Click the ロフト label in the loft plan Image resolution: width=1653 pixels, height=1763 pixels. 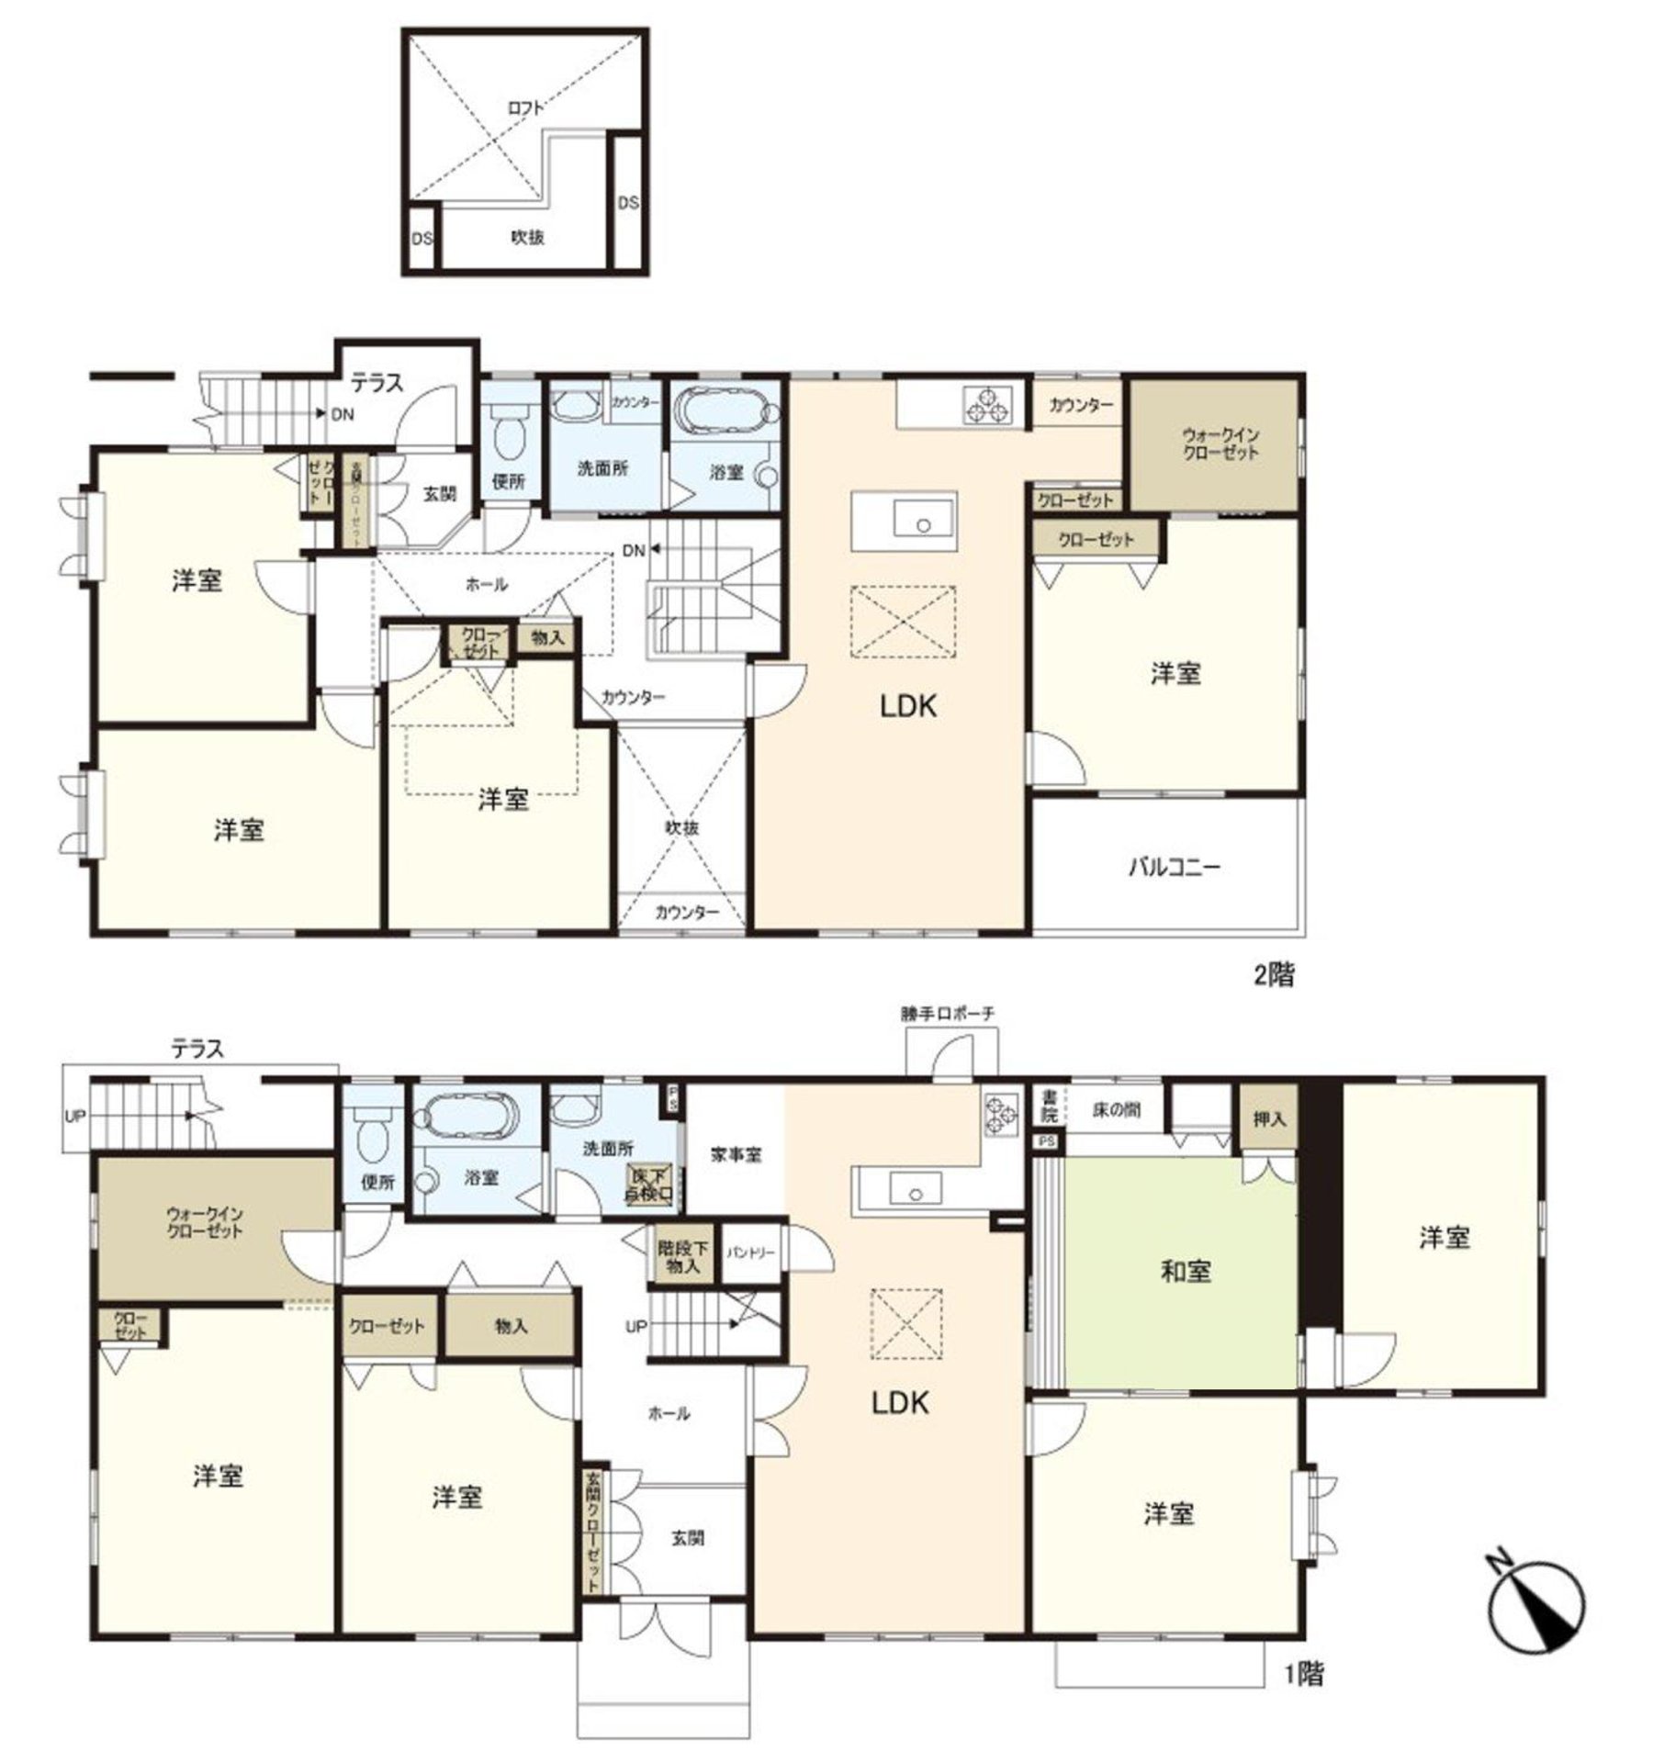[x=526, y=107]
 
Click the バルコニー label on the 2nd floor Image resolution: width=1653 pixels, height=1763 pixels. [x=1174, y=867]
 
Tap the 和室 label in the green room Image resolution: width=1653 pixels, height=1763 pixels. [x=1186, y=1272]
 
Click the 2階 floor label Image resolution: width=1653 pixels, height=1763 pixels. [x=1275, y=975]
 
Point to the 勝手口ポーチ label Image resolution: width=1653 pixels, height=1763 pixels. [x=947, y=1014]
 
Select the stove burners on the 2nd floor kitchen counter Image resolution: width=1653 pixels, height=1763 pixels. [x=987, y=405]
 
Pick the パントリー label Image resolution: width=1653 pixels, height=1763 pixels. [x=751, y=1252]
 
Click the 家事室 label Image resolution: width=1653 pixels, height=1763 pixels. [x=736, y=1155]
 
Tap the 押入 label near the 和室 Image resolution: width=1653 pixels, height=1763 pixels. [x=1269, y=1119]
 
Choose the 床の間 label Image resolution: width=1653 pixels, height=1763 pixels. [x=1116, y=1110]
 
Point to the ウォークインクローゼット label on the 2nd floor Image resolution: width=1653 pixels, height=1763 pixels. [x=1220, y=444]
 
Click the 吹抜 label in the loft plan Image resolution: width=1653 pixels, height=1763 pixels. [x=527, y=238]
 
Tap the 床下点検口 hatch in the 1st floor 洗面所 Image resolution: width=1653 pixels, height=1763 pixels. [x=650, y=1185]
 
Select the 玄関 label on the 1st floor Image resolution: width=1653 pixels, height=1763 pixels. [x=687, y=1537]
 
